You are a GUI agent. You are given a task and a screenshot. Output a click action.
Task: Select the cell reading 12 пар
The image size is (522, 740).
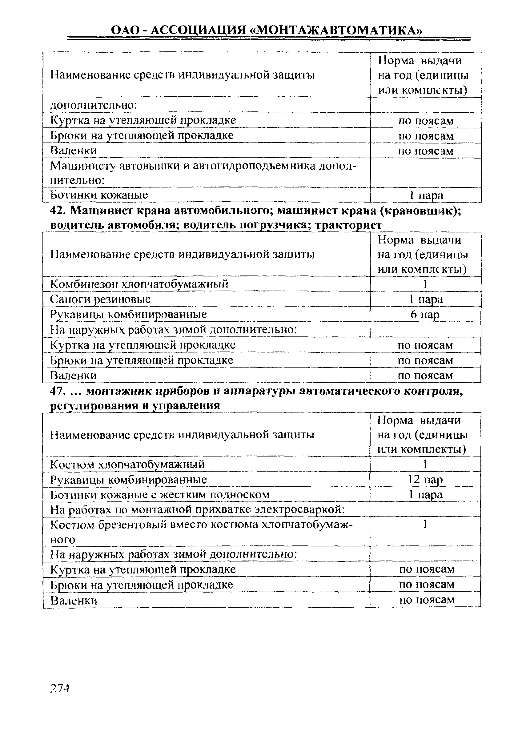(425, 480)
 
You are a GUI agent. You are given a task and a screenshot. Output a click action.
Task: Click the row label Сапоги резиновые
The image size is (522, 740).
(101, 299)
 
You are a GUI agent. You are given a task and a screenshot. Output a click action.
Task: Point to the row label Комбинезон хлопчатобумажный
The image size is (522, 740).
(139, 284)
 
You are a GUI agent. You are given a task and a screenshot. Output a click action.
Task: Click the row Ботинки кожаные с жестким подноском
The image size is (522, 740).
(160, 494)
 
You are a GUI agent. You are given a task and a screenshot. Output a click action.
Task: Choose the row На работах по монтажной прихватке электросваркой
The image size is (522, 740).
(198, 509)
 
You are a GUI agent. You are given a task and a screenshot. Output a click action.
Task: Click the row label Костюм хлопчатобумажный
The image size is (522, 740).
(128, 465)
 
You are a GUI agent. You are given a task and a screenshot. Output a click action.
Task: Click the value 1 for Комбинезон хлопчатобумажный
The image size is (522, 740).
(425, 284)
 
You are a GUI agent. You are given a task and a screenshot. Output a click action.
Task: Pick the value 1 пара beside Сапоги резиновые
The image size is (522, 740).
(426, 299)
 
